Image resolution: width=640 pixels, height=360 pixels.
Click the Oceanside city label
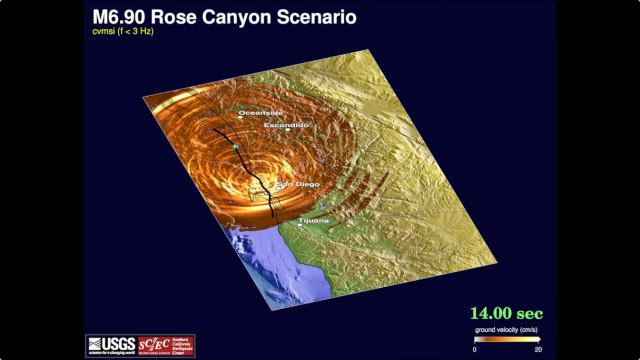click(261, 113)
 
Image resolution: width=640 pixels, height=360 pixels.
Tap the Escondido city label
click(286, 125)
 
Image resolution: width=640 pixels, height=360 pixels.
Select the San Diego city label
click(298, 184)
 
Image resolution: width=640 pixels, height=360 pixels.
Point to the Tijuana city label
click(313, 221)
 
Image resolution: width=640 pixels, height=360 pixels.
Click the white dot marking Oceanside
click(240, 117)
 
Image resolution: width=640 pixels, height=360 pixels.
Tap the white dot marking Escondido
click(287, 129)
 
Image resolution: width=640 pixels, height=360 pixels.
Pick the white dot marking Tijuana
click(299, 225)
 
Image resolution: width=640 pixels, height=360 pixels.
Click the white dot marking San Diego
click(278, 188)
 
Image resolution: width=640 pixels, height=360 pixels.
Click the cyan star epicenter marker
click(235, 146)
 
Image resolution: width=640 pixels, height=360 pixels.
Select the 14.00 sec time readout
click(506, 314)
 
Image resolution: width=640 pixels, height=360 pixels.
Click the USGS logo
click(112, 346)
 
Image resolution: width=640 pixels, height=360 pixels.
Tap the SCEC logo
click(166, 346)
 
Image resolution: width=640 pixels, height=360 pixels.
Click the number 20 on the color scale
click(538, 349)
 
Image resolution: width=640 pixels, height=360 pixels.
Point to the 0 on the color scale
click(474, 349)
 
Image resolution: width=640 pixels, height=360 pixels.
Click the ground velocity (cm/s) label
click(506, 330)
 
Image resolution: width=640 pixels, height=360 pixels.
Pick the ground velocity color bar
click(507, 340)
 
